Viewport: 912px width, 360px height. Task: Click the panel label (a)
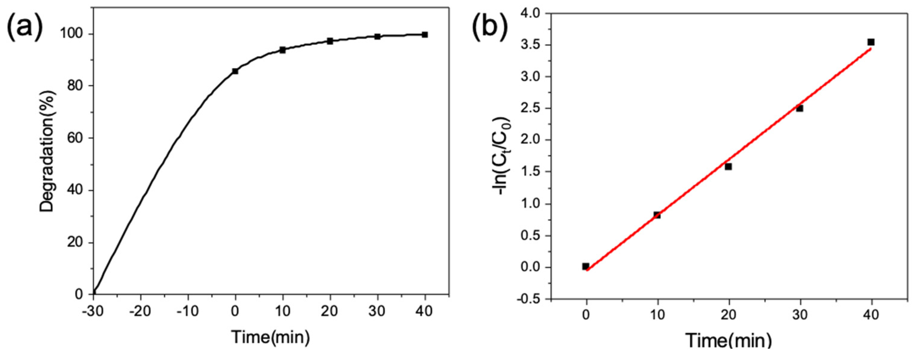(24, 25)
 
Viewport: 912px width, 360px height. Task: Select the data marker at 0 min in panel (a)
(235, 71)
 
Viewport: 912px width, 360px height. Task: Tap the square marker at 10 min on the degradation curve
(282, 50)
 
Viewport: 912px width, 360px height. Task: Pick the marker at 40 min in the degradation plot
(425, 35)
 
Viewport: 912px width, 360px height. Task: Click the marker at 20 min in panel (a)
(330, 41)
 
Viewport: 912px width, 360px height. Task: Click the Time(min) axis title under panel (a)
(270, 337)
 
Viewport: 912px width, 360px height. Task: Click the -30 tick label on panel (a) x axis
(93, 311)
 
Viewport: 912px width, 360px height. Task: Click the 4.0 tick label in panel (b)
(530, 13)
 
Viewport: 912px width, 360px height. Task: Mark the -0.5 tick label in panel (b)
(528, 299)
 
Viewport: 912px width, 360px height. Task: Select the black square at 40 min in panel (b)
(871, 42)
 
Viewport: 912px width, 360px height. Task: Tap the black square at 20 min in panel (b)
(728, 166)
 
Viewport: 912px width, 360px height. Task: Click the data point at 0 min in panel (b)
(586, 266)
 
